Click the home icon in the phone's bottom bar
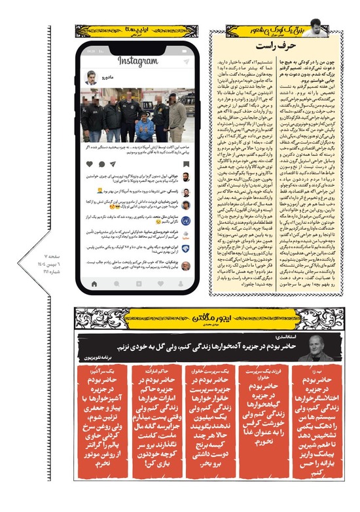[95, 283]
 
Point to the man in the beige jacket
[177, 118]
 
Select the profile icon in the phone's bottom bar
[181, 283]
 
